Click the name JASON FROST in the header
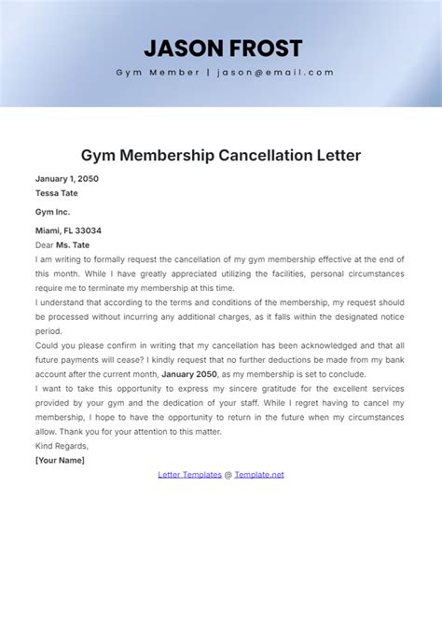click(x=223, y=49)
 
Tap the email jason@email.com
click(x=276, y=73)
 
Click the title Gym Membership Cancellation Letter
click(x=220, y=154)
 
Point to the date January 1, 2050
click(x=66, y=178)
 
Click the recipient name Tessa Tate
click(x=57, y=193)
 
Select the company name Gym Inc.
click(x=52, y=212)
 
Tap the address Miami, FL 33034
click(x=68, y=230)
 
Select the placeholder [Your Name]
click(x=60, y=460)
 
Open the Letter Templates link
click(x=189, y=475)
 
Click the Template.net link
click(x=259, y=475)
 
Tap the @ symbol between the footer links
click(x=228, y=475)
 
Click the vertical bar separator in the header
click(x=208, y=73)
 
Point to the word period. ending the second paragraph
click(x=48, y=330)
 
